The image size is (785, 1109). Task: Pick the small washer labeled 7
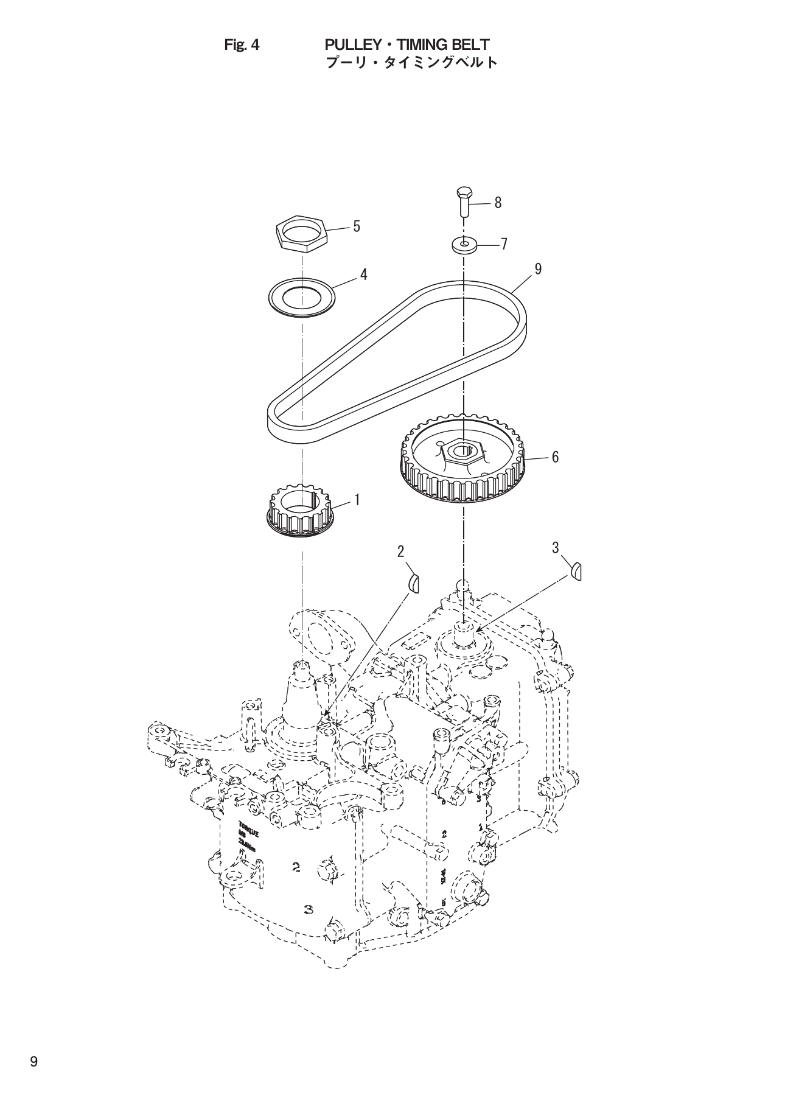pos(464,245)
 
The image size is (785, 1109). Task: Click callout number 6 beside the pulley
pos(555,457)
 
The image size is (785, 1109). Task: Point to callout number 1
pos(357,500)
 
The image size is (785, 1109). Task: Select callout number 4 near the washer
pos(363,275)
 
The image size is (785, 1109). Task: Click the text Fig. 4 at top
pos(242,45)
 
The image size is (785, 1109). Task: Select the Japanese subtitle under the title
pos(412,62)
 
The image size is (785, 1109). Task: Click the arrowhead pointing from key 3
pos(479,629)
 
